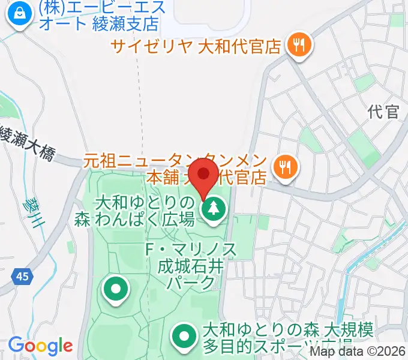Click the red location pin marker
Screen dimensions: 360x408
(205, 175)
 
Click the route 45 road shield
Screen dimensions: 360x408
(22, 277)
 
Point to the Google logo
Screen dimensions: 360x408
(40, 346)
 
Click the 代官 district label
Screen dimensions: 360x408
(384, 112)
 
